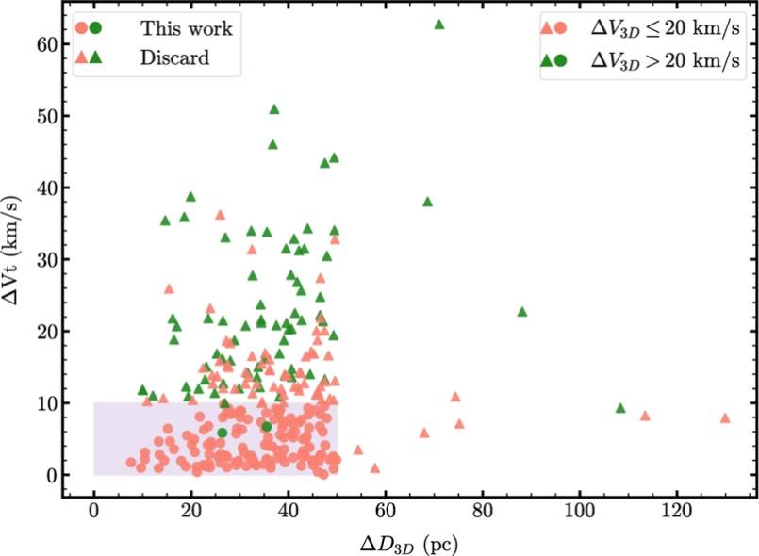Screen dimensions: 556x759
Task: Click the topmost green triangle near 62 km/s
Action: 438,25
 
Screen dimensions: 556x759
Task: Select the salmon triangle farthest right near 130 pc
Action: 725,417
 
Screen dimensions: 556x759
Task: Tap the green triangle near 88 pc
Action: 521,312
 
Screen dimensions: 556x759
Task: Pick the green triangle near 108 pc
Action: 620,408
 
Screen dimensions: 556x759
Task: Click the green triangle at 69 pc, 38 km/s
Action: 427,202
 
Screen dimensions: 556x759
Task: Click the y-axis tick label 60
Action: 35,44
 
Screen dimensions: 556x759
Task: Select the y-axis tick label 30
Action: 35,259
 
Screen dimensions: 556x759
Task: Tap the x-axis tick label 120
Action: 677,515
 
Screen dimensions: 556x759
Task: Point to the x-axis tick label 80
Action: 482,515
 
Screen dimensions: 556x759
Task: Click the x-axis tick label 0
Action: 93,515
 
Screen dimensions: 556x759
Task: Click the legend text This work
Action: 186,28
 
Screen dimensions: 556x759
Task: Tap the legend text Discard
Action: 175,58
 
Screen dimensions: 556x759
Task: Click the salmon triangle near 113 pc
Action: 645,416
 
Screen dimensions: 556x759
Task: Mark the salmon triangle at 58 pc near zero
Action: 375,467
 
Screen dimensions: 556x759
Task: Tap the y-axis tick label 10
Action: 35,403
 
